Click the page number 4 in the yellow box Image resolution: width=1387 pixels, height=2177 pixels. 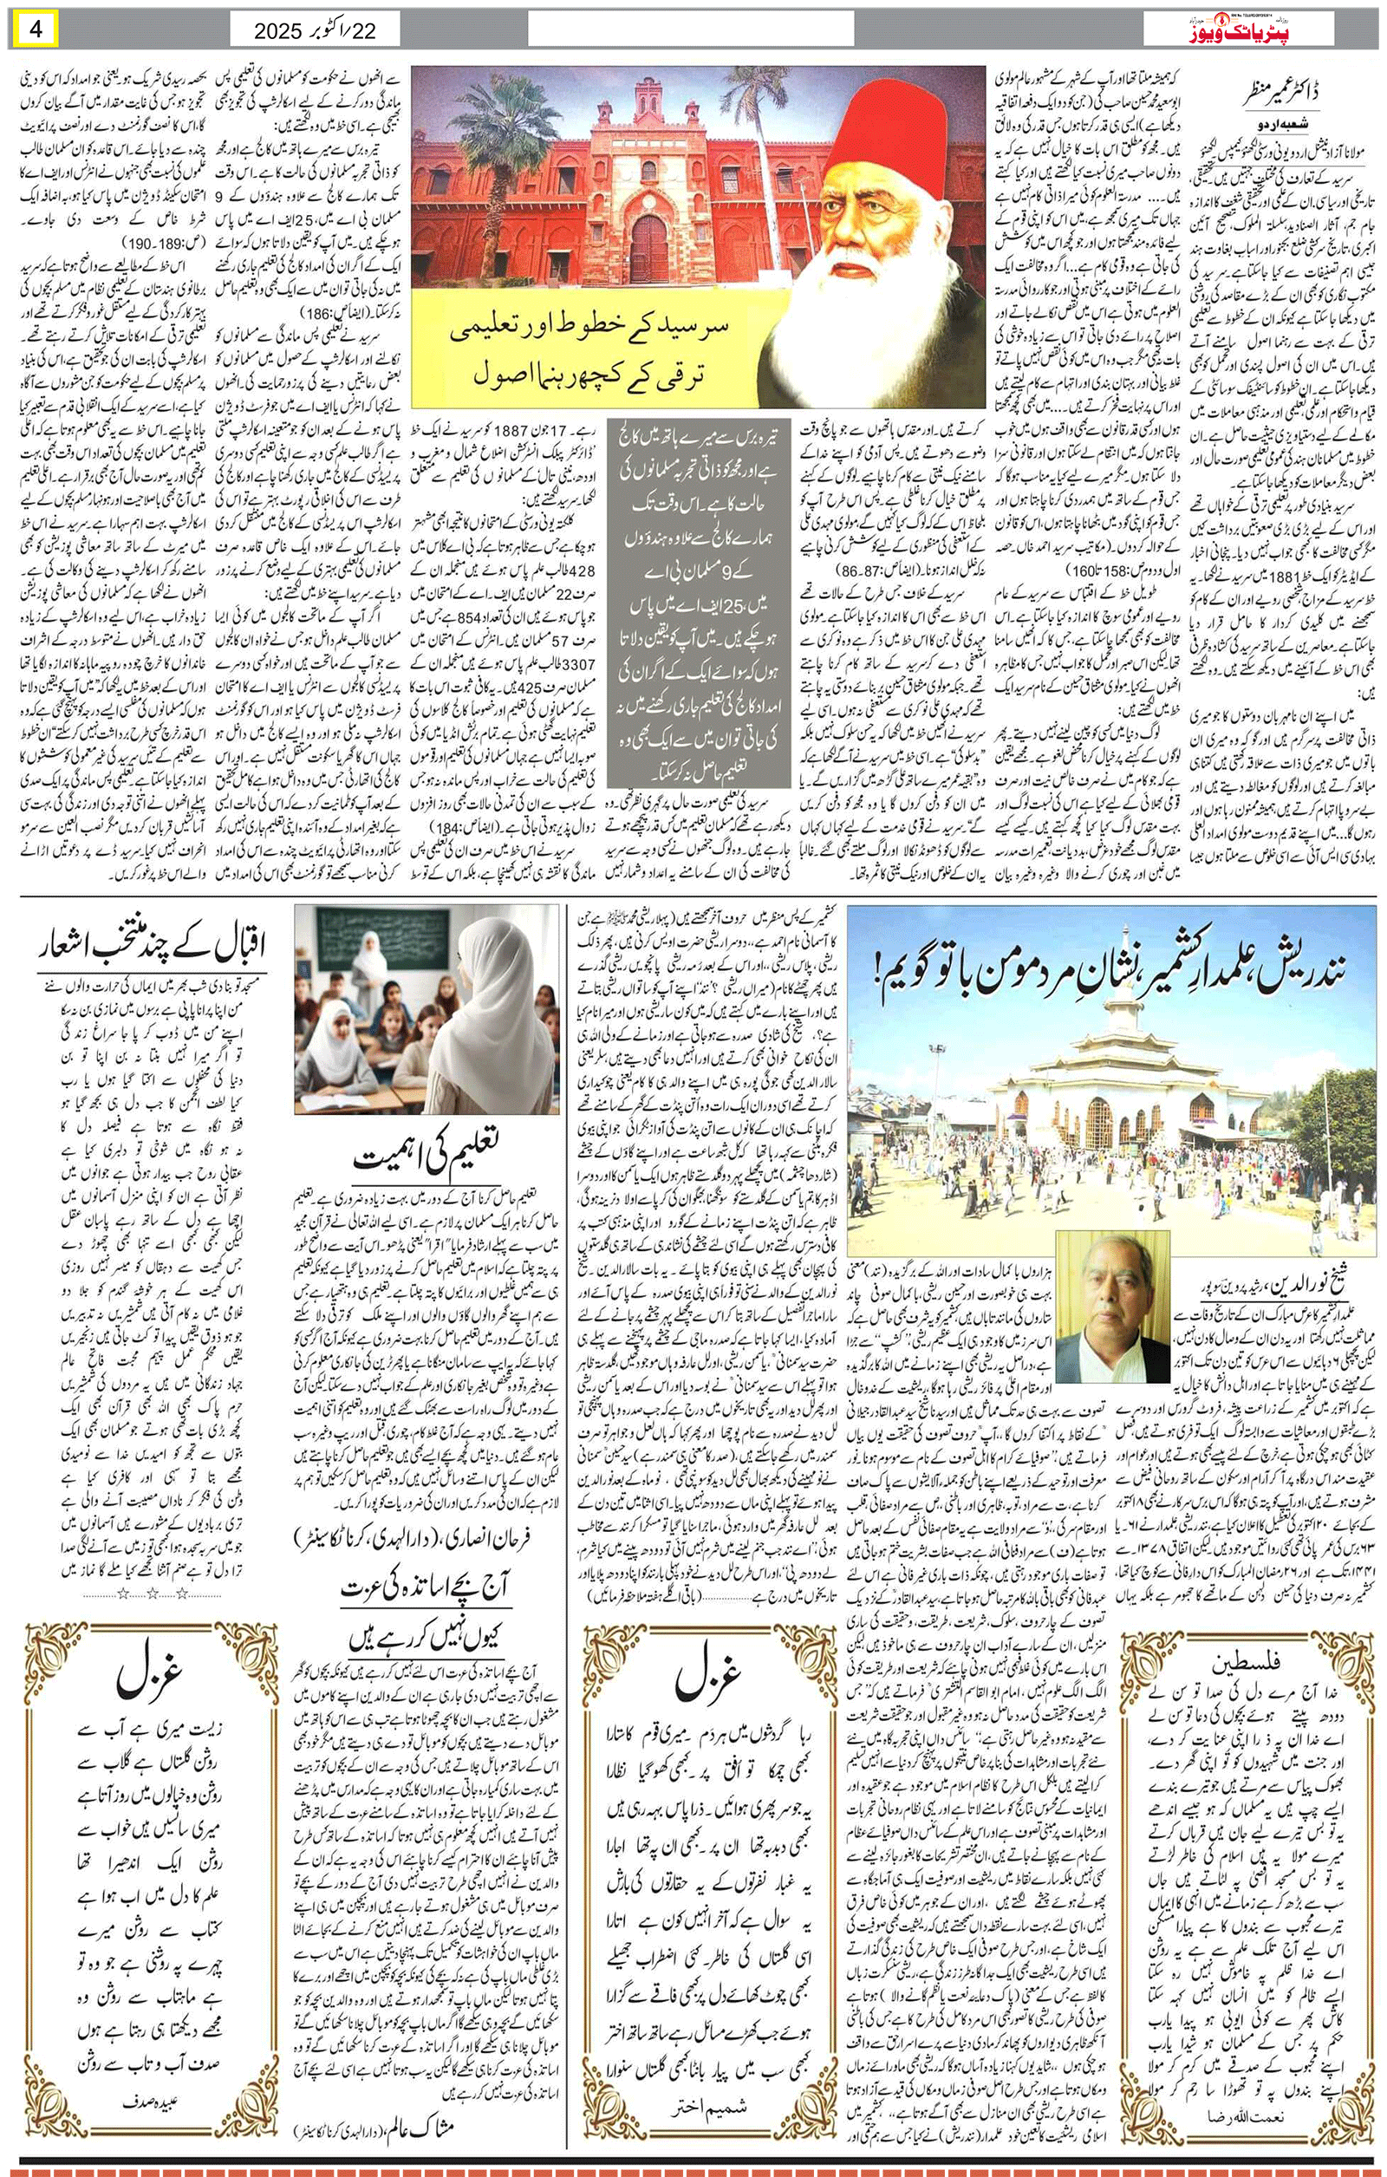[x=36, y=28]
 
